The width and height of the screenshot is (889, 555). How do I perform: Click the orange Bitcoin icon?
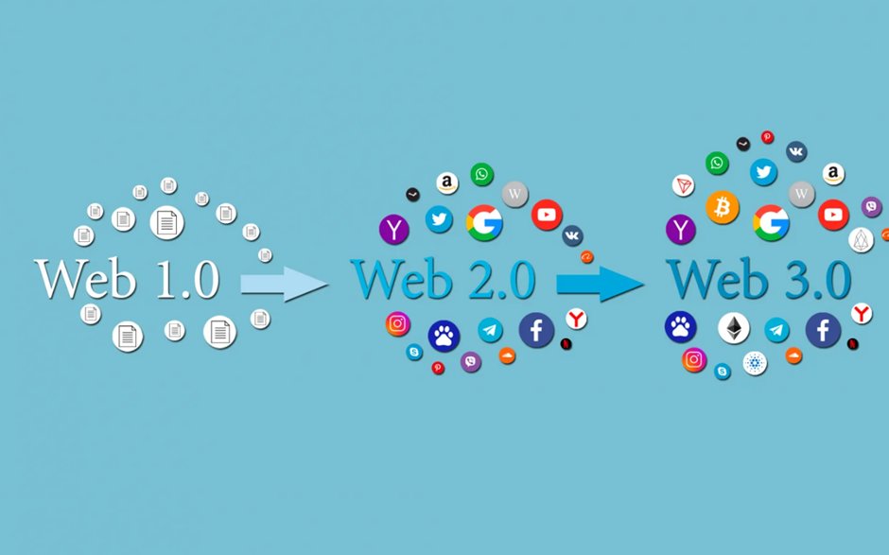[x=722, y=207]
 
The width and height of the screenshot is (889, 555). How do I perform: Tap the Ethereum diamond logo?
[x=734, y=328]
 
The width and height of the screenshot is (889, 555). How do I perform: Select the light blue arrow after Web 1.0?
[x=284, y=284]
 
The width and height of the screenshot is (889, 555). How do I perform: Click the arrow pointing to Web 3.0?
[x=600, y=284]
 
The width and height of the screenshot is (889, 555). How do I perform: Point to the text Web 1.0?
[x=127, y=279]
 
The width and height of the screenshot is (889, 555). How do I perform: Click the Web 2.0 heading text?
[x=443, y=279]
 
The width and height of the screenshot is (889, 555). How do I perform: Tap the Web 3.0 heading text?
[x=758, y=279]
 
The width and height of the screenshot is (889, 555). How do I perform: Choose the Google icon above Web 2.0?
[x=484, y=223]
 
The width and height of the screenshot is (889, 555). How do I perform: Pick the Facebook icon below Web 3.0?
[x=823, y=329]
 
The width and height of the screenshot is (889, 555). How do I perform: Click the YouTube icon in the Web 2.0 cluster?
[x=547, y=215]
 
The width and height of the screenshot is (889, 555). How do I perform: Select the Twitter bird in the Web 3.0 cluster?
[x=764, y=172]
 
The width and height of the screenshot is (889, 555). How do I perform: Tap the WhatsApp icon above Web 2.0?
[x=482, y=174]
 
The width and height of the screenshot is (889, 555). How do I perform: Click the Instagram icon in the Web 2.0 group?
[x=397, y=323]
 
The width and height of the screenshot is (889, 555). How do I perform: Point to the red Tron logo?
[x=683, y=185]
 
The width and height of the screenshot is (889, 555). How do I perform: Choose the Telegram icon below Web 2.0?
[x=490, y=330]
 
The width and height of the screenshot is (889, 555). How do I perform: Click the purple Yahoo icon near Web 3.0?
[x=680, y=230]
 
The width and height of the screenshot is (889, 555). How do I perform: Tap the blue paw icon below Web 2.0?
[x=444, y=337]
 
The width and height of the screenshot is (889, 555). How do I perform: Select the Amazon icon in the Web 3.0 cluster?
[x=833, y=173]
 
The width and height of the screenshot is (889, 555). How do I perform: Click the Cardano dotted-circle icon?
[x=755, y=363]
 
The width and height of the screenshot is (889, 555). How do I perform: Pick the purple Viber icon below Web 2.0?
[x=471, y=361]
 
